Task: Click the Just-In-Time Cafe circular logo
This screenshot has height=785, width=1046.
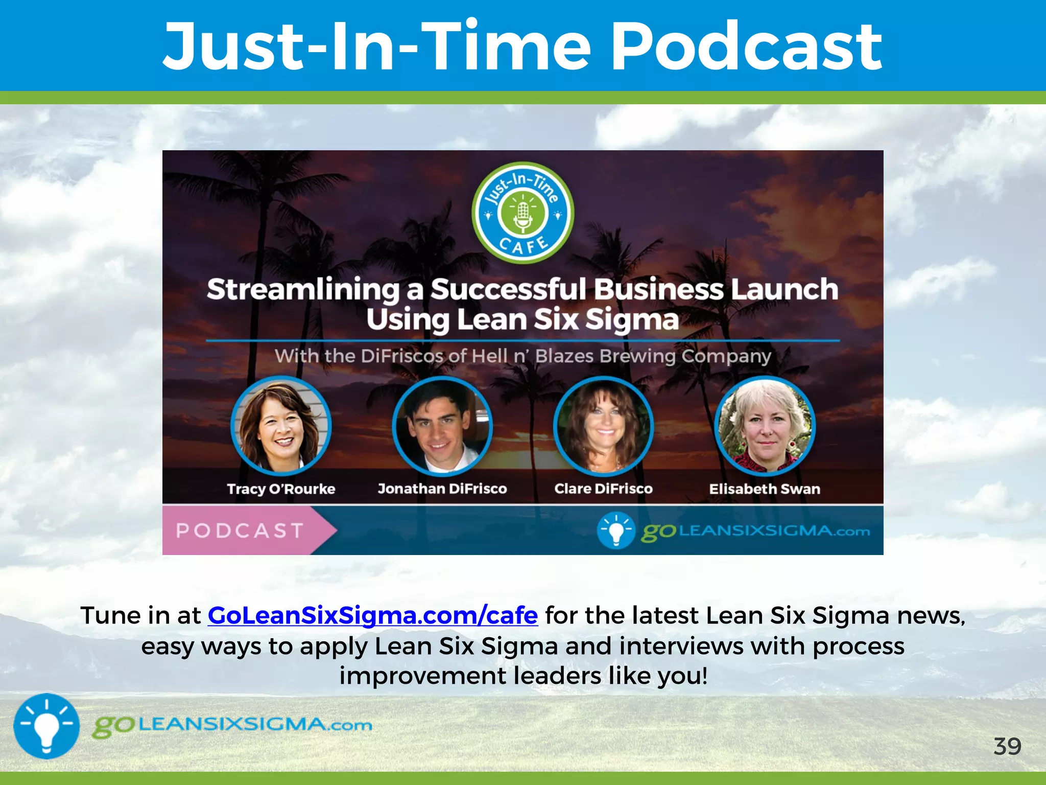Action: pos(522,213)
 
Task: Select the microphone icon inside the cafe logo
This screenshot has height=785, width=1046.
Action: pos(522,215)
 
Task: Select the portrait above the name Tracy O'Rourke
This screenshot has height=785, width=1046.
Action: pos(281,426)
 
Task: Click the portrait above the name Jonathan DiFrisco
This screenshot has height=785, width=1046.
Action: pos(442,426)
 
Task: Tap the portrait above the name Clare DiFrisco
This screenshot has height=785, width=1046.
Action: pos(603,426)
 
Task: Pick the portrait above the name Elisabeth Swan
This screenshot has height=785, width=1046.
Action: pos(765,426)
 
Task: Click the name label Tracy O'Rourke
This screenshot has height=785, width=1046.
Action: pos(281,489)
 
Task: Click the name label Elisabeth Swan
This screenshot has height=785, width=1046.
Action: pos(765,489)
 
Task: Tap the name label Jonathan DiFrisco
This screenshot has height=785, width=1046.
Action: pos(442,489)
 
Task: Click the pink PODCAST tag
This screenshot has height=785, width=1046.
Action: pos(240,530)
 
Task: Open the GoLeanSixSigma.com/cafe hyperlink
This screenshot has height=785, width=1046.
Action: pos(372,615)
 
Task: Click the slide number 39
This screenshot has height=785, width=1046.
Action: pos(1007,747)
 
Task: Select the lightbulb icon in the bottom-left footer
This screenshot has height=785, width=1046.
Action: pos(46,726)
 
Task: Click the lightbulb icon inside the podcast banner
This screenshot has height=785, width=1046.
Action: pos(616,530)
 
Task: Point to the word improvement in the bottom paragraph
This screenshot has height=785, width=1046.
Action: pos(422,676)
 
